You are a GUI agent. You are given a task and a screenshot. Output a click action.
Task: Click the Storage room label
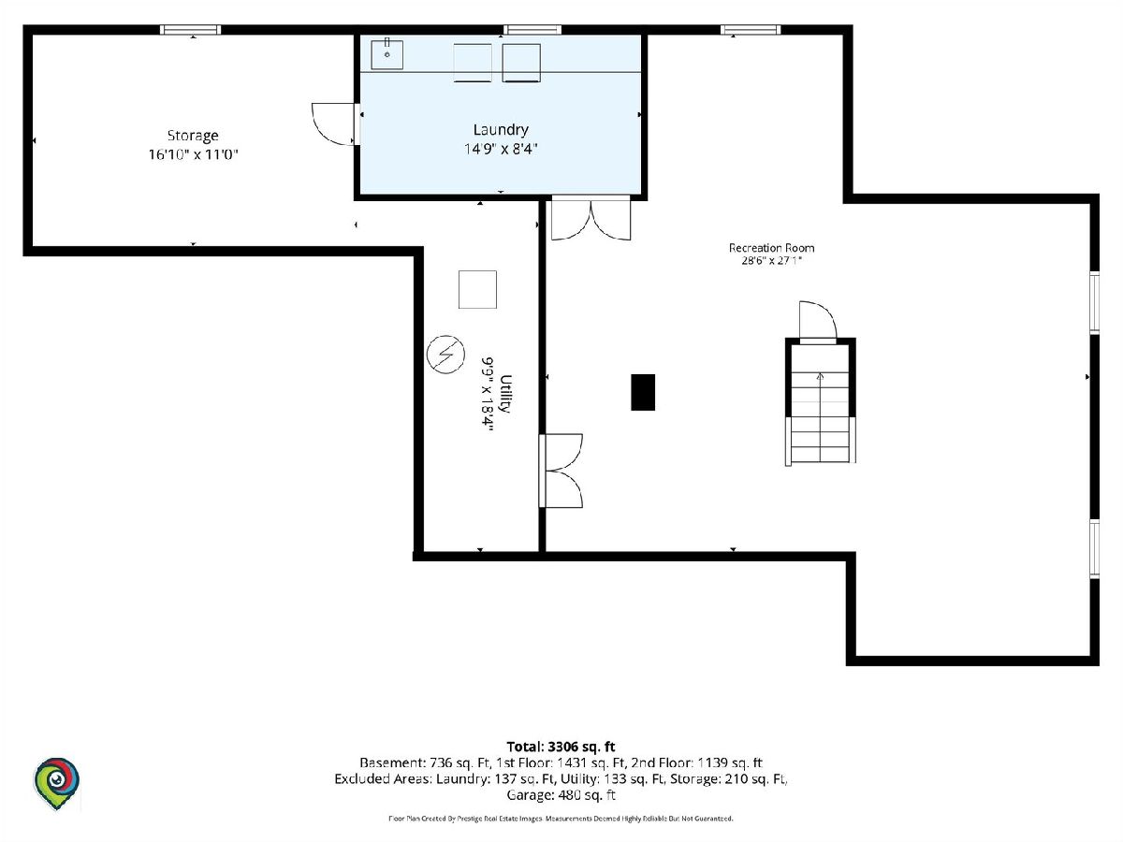pos(193,136)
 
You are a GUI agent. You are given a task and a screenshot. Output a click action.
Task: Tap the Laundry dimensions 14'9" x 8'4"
pos(501,149)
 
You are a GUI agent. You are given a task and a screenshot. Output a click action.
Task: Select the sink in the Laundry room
pos(386,54)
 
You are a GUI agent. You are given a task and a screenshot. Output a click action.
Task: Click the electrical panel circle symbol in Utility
pos(445,354)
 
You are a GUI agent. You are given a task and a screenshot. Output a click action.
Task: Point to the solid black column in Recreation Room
pos(643,392)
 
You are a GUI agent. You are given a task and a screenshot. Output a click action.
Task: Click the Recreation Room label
pos(771,248)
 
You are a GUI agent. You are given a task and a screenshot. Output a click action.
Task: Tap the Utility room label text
pos(506,393)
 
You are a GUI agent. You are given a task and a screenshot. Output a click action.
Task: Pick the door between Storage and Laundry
pos(335,124)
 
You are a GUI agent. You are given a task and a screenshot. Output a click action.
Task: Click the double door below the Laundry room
pos(591,218)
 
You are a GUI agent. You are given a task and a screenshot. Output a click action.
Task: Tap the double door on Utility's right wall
pos(561,471)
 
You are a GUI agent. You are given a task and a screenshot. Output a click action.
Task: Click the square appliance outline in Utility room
pos(477,289)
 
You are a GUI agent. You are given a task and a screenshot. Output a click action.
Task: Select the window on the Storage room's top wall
pos(190,30)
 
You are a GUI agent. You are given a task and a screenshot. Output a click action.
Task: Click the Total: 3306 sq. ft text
pos(561,747)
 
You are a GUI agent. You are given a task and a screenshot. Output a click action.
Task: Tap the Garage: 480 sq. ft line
pos(561,795)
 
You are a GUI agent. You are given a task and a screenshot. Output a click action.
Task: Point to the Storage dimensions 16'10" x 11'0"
pos(194,154)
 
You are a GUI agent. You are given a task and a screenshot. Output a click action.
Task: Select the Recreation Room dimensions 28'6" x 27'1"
pos(771,261)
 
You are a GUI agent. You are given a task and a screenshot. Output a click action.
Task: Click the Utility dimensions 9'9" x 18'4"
pos(487,394)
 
